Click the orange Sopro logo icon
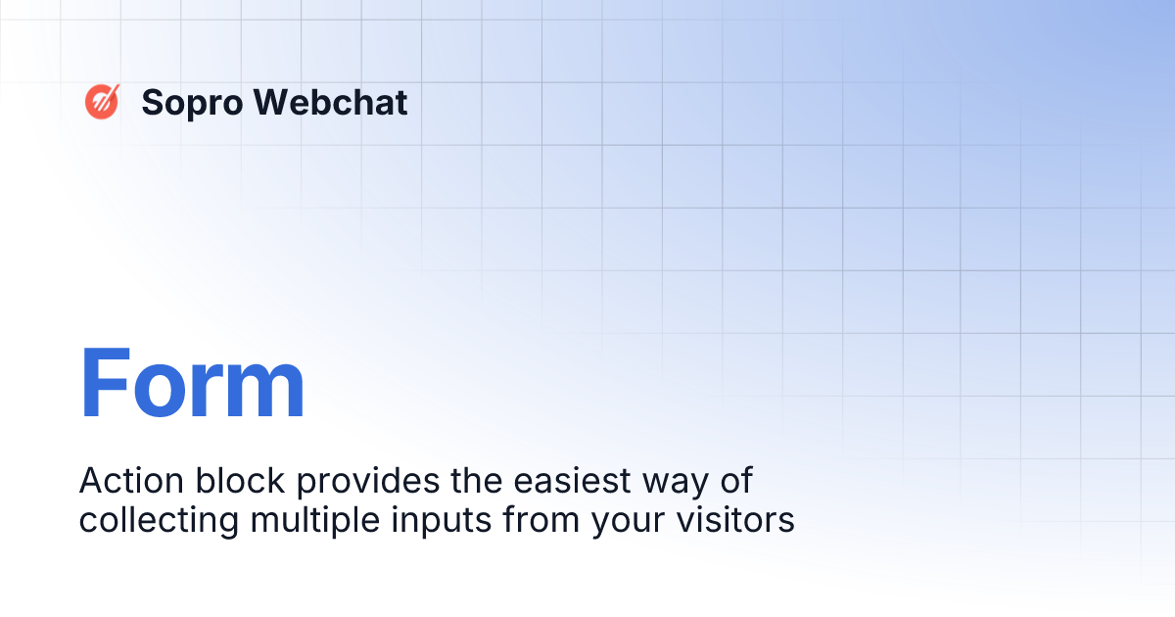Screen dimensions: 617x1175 pos(102,101)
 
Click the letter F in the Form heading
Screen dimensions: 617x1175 pos(104,384)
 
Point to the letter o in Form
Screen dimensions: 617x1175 pos(159,392)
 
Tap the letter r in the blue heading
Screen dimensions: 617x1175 pos(208,392)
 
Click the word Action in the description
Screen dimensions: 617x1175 pos(125,481)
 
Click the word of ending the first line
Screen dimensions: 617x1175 pos(738,481)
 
